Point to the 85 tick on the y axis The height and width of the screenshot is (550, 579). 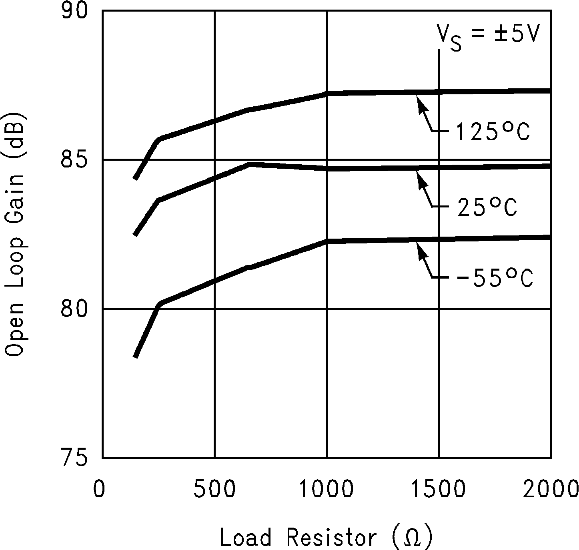[x=74, y=159]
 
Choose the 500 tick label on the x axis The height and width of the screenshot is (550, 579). [x=215, y=488]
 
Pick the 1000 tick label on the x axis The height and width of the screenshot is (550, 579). [x=327, y=488]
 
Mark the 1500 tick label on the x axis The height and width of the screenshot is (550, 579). [x=439, y=488]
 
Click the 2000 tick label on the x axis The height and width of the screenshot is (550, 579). [x=551, y=488]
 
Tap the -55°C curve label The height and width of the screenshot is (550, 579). [x=495, y=277]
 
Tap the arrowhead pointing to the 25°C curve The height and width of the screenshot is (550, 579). [x=419, y=177]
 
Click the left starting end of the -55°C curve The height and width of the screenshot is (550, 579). [x=136, y=357]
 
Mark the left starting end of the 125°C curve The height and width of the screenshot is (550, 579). [x=136, y=179]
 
